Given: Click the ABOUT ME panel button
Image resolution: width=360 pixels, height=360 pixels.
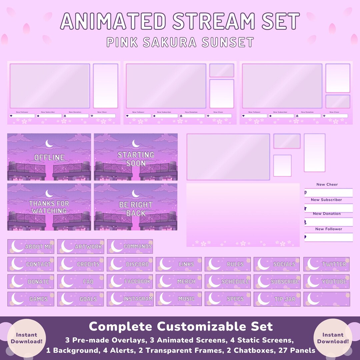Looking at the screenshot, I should [31, 246].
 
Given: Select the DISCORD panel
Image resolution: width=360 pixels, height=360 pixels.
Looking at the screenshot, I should [130, 264].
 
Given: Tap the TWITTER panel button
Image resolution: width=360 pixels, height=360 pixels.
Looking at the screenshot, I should [326, 264].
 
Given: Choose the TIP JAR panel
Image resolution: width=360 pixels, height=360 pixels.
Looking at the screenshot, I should [277, 299].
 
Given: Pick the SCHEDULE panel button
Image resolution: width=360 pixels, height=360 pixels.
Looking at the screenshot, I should [228, 281].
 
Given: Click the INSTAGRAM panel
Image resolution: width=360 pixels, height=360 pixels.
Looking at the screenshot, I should [130, 299].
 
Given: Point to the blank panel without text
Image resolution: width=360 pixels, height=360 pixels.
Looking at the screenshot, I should [326, 299].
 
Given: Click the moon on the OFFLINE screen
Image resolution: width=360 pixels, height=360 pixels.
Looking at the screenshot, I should [49, 144].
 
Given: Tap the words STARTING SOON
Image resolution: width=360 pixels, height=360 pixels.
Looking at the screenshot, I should [136, 159].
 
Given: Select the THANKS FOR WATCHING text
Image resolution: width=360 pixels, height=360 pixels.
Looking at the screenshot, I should [49, 207].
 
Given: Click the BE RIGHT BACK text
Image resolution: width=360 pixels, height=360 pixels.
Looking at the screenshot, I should [136, 209].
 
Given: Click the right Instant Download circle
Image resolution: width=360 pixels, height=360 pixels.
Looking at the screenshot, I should [333, 338].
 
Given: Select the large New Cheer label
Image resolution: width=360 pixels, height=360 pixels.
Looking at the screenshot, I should [327, 184].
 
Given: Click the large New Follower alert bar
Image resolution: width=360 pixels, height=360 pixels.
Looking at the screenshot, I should [329, 237].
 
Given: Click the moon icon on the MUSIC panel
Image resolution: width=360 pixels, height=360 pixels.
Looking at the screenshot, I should [165, 299].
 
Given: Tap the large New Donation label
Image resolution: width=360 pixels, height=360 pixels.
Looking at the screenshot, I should [327, 214].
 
